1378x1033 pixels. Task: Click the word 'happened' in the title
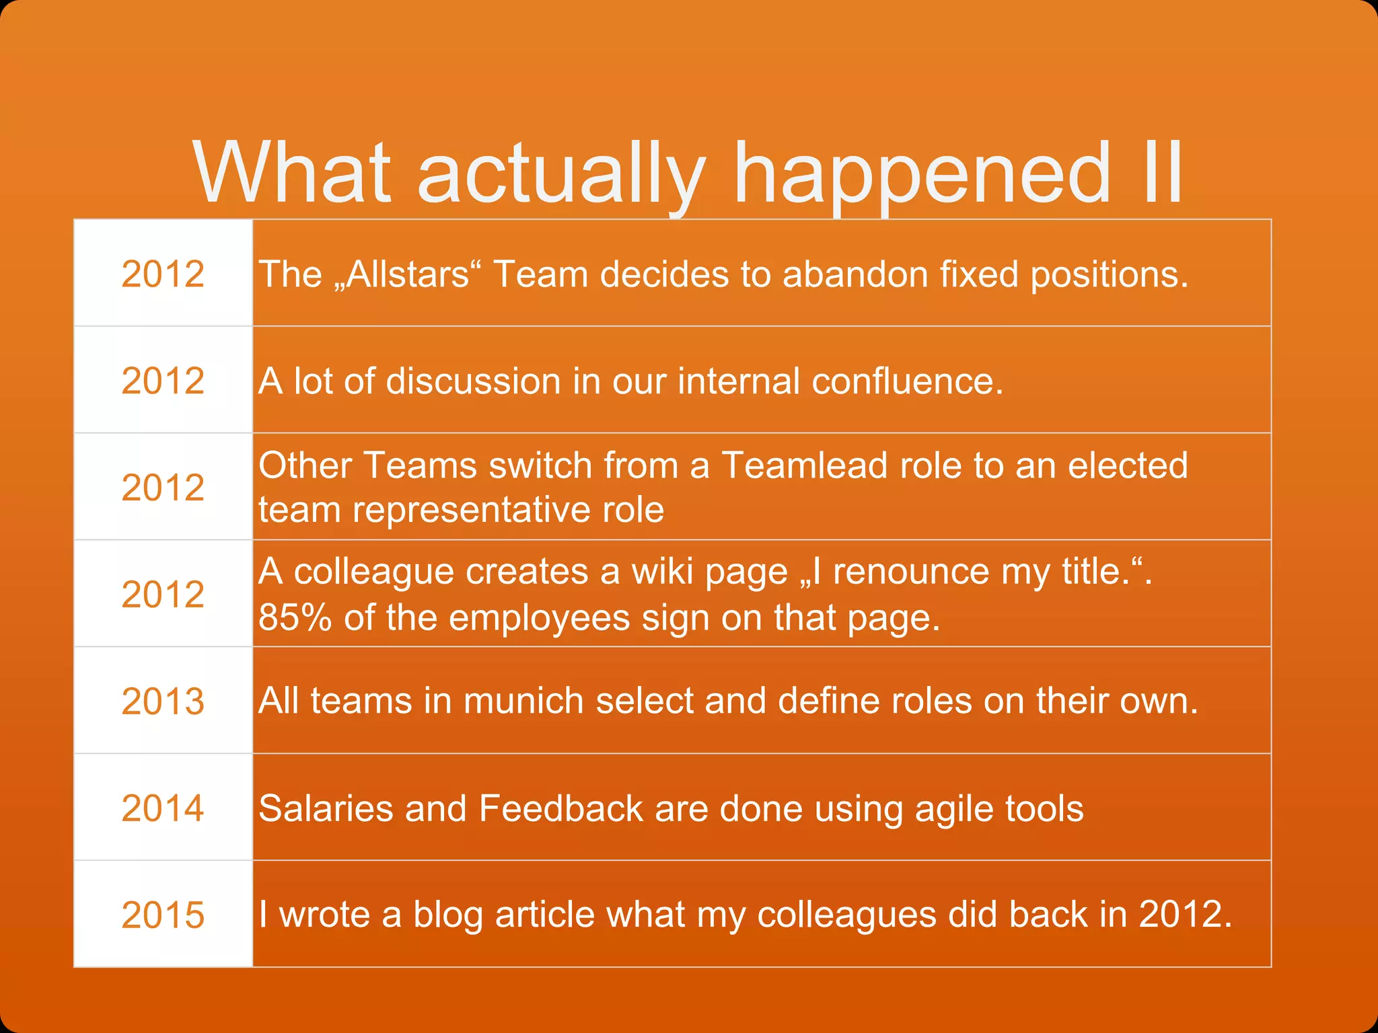[922, 173]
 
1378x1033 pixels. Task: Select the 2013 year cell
[163, 701]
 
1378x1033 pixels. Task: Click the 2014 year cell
[163, 808]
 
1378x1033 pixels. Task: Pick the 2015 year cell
[163, 915]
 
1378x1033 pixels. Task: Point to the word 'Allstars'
[408, 274]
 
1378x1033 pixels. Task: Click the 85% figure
[295, 617]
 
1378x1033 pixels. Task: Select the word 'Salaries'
[326, 808]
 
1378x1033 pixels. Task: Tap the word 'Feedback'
[560, 808]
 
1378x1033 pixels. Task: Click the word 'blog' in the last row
[448, 915]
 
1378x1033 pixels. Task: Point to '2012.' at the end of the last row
[1186, 914]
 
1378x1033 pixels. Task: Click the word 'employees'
[539, 617]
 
